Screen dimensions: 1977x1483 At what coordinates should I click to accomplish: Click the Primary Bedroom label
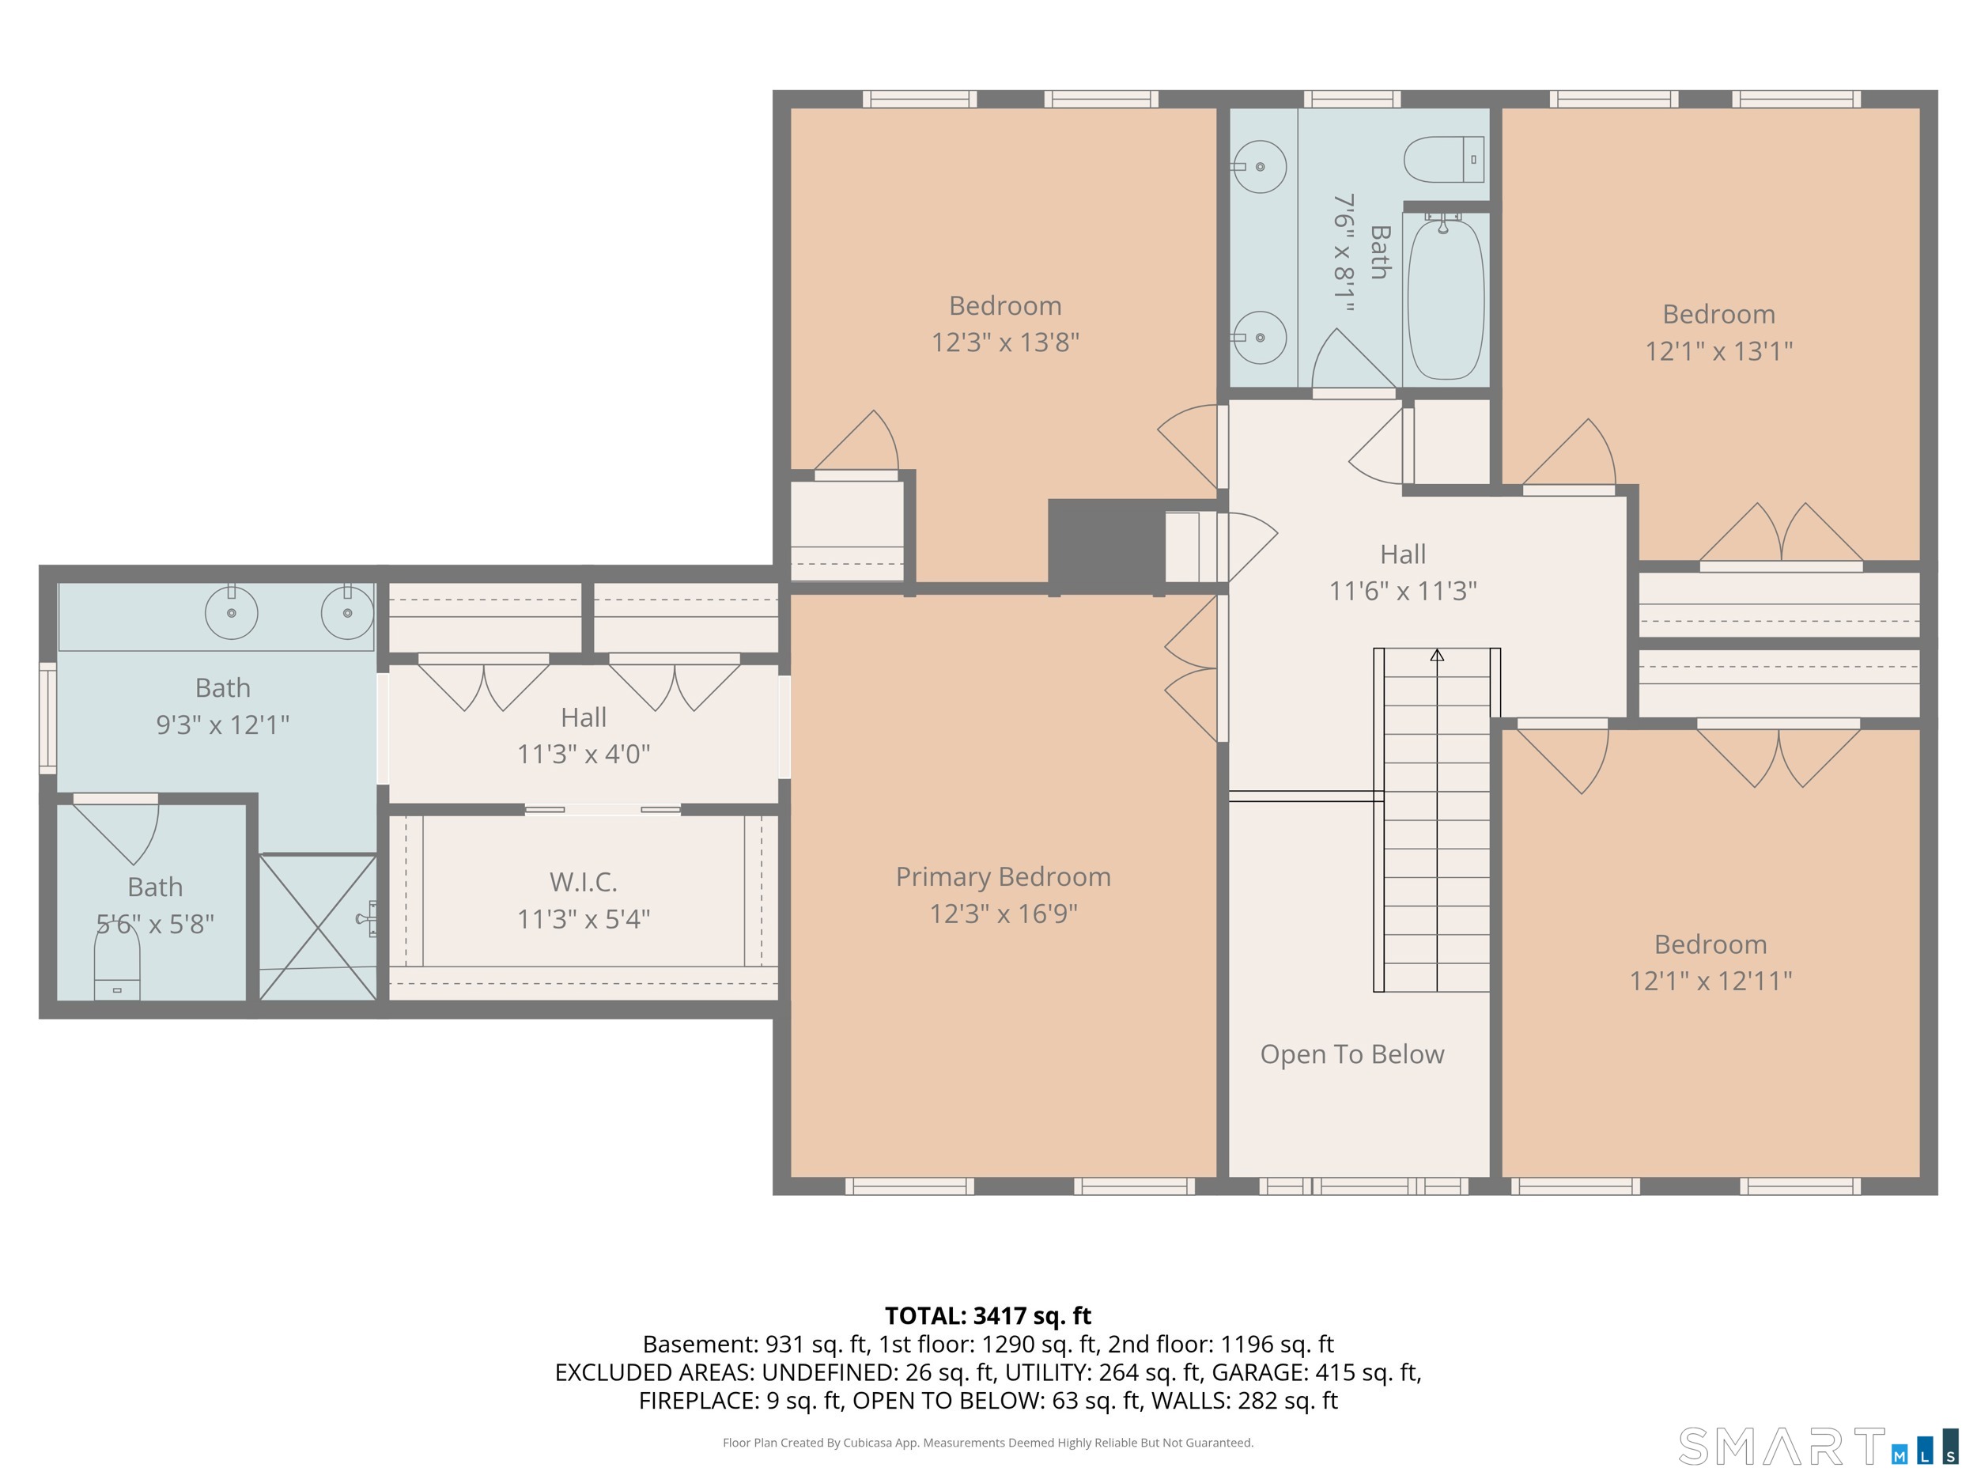pos(1003,877)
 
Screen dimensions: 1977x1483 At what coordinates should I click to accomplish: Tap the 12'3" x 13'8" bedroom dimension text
pos(1005,342)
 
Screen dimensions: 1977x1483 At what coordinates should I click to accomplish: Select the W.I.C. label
pos(584,883)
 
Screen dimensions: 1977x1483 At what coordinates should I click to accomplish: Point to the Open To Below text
pos(1352,1055)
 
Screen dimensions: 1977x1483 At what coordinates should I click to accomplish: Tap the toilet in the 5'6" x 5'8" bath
pos(117,962)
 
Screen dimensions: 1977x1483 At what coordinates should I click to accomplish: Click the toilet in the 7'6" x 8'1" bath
pos(1443,159)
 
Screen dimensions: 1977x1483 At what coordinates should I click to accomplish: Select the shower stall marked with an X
pos(318,928)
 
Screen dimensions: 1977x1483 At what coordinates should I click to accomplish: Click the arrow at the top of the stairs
pos(1437,655)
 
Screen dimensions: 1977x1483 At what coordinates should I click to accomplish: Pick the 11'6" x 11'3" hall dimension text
pos(1402,591)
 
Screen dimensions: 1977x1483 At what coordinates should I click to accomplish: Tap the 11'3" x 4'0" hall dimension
pos(584,755)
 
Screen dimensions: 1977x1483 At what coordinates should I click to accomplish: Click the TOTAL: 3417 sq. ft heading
pos(988,1316)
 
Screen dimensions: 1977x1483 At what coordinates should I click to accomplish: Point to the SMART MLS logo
pos(1817,1447)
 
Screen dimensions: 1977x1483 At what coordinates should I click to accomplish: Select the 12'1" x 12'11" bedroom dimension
pos(1711,982)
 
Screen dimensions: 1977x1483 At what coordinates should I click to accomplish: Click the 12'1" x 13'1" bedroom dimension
pos(1718,351)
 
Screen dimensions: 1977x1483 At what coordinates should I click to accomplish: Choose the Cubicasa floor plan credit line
pos(988,1443)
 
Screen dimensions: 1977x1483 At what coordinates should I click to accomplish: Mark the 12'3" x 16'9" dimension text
pos(1004,914)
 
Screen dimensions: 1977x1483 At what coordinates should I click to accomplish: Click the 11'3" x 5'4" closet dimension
pos(584,919)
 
